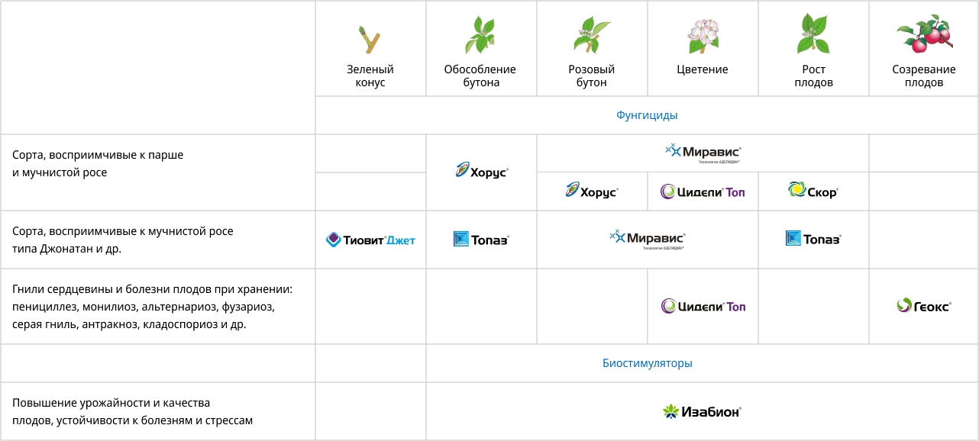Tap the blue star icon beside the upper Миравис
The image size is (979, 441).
673,151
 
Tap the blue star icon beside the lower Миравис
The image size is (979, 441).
617,237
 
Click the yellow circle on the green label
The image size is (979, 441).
796,189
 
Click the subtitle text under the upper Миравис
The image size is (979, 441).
719,163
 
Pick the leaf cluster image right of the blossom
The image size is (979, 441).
814,35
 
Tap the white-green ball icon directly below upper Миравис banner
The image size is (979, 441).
669,191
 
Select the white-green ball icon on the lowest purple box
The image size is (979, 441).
670,306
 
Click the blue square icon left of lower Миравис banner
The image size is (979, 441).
461,239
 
